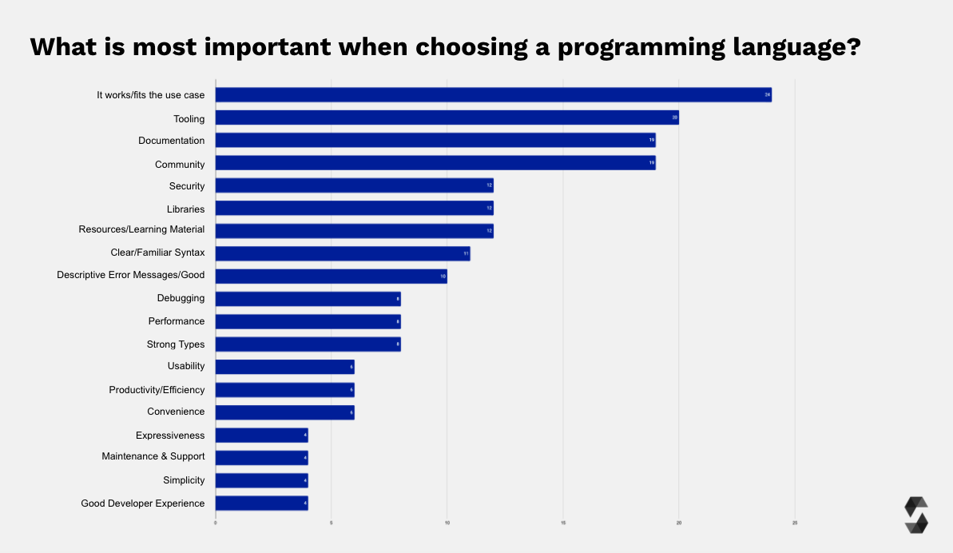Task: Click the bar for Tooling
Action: pos(447,118)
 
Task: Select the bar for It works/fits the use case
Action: pos(493,95)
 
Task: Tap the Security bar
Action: pos(354,185)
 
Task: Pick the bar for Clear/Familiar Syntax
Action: pos(343,253)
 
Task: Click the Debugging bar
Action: pos(308,299)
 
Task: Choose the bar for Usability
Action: pos(284,367)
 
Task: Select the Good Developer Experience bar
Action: pos(261,503)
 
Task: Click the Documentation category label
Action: pos(171,141)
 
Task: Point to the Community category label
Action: pos(180,165)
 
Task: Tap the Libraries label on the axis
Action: pos(185,209)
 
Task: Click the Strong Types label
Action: pos(176,344)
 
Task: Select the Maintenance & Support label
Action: pos(153,456)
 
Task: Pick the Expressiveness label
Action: pos(170,436)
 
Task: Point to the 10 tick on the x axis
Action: pos(447,523)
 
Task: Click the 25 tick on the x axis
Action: pos(795,523)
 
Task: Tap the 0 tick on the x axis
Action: pos(216,523)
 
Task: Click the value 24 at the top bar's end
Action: pos(767,95)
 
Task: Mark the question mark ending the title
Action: pos(852,46)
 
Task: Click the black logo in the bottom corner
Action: pos(916,515)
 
